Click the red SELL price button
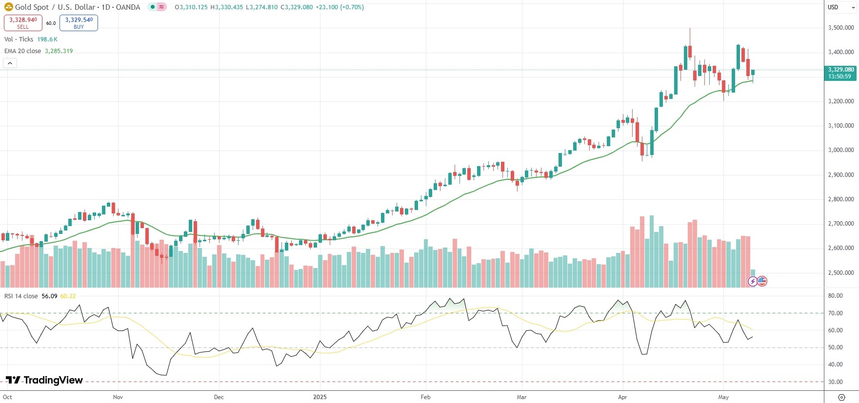[x=23, y=23]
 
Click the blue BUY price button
[x=79, y=23]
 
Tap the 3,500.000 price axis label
[x=841, y=28]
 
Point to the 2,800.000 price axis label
[x=841, y=199]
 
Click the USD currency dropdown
[x=841, y=7]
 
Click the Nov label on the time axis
[x=118, y=397]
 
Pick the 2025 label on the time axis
[x=320, y=397]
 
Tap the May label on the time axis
[x=723, y=397]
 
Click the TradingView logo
[x=44, y=380]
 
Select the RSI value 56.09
[x=49, y=296]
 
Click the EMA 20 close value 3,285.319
[x=59, y=51]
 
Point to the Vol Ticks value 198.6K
[x=47, y=39]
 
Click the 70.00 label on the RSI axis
[x=836, y=313]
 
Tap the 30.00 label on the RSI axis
[x=836, y=382]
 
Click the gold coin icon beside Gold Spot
[x=8, y=7]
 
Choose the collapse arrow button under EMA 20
[x=10, y=63]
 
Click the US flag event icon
[x=762, y=281]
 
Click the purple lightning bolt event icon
[x=753, y=281]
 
